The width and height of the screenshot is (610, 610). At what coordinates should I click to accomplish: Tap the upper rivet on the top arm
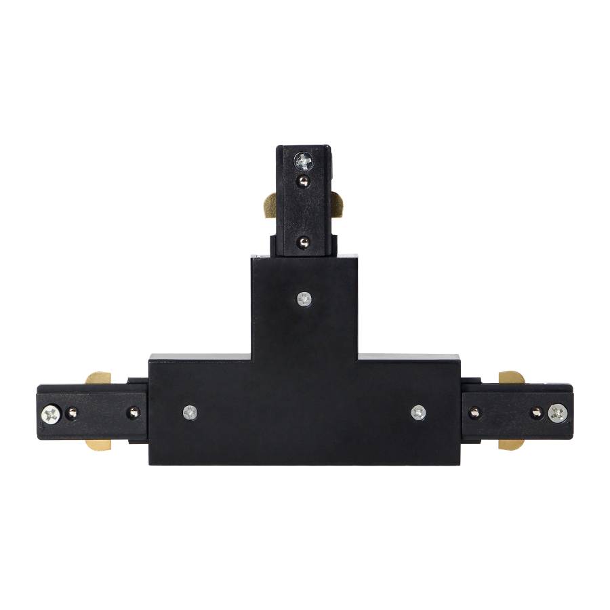304,180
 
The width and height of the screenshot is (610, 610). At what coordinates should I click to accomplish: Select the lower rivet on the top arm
304,240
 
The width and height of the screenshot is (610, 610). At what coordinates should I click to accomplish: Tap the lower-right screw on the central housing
418,411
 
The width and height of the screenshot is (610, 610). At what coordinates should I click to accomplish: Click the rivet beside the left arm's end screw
71,411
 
